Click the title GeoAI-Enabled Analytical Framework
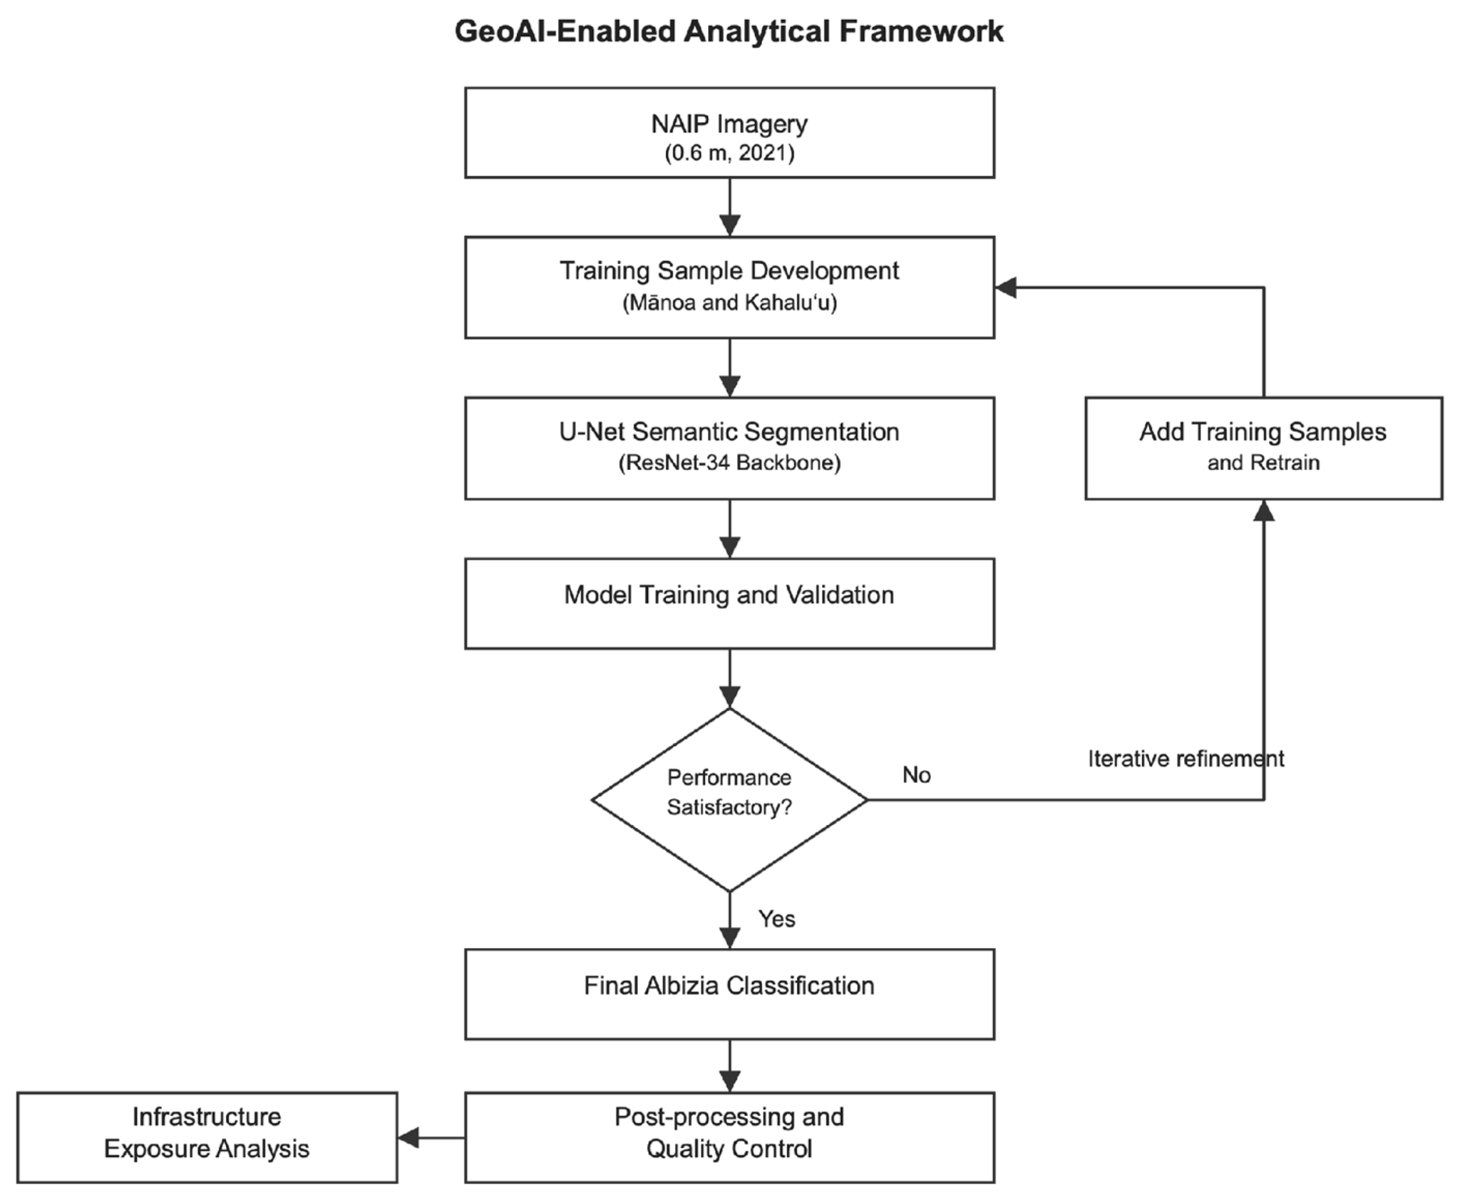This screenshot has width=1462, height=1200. (x=729, y=32)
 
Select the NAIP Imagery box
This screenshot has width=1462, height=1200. (x=730, y=133)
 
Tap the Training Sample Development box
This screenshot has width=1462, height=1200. (x=730, y=288)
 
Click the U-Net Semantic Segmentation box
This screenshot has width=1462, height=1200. (x=730, y=448)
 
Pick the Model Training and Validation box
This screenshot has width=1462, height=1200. (x=730, y=603)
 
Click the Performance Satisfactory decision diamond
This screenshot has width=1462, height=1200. (x=730, y=800)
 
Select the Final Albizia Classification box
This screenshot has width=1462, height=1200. (x=730, y=994)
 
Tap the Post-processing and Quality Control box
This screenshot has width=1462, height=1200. (x=730, y=1137)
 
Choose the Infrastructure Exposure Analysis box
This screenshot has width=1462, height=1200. (x=207, y=1137)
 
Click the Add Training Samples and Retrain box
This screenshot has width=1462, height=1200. (x=1264, y=448)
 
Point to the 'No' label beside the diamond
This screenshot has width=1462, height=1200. (x=916, y=775)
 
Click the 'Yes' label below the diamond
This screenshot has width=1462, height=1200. (x=776, y=918)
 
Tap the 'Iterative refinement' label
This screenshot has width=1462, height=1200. (x=1185, y=758)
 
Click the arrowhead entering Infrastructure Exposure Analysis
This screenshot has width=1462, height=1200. (x=409, y=1137)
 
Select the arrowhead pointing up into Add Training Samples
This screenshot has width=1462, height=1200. (x=1264, y=510)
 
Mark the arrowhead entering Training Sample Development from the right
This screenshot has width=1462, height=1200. (x=1006, y=288)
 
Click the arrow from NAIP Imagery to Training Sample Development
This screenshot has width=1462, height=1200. (x=730, y=207)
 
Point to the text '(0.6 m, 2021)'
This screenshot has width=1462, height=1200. (x=730, y=153)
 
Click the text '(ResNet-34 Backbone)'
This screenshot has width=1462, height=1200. (x=730, y=463)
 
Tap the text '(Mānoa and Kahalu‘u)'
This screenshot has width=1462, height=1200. (x=730, y=303)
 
